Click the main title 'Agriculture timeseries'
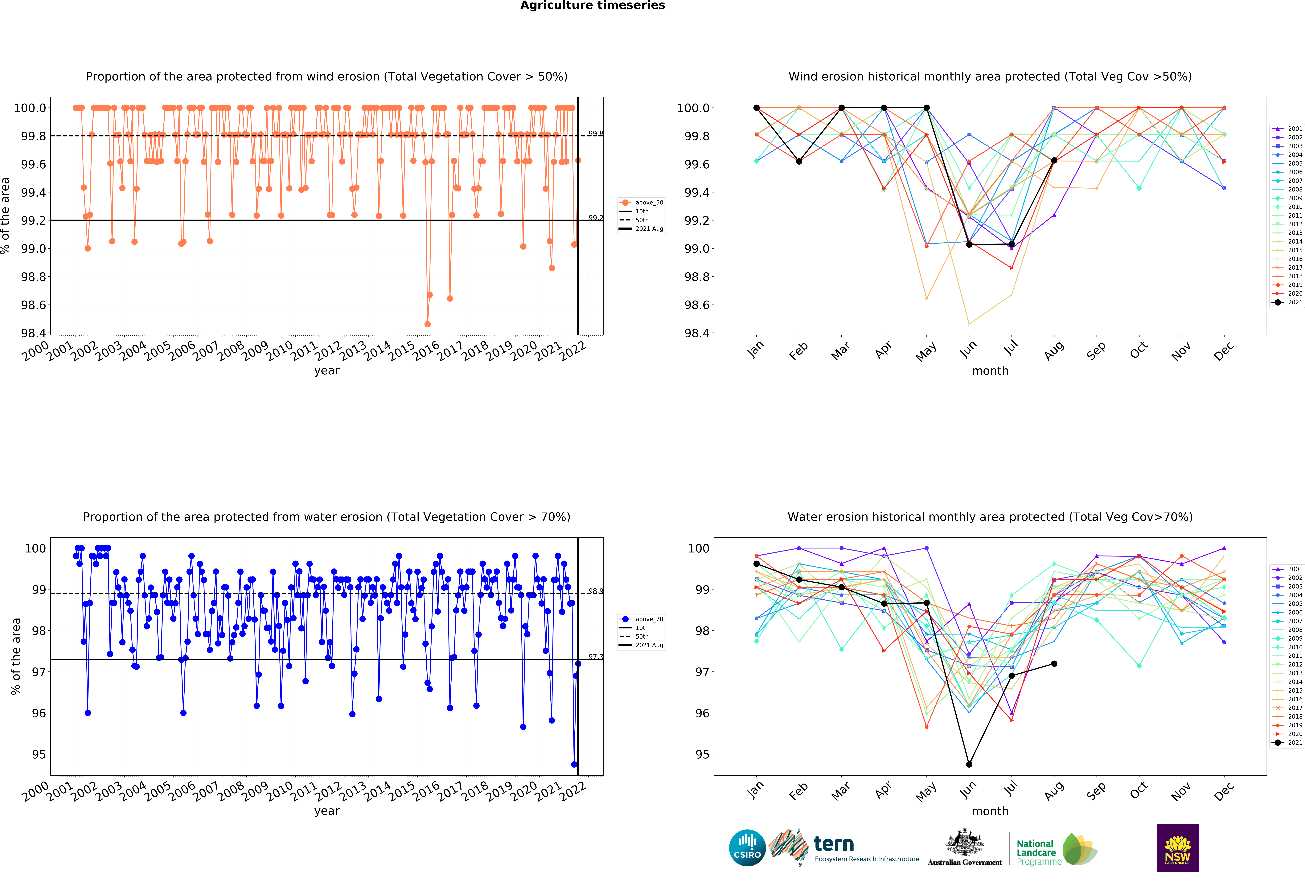click(x=592, y=6)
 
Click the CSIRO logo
click(x=747, y=848)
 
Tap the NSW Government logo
click(x=1178, y=848)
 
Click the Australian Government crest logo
click(x=964, y=848)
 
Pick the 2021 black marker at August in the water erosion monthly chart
click(x=1054, y=664)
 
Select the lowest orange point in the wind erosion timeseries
click(x=427, y=324)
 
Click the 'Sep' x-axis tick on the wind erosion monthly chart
click(x=1096, y=350)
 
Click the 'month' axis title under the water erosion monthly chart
click(x=990, y=811)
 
